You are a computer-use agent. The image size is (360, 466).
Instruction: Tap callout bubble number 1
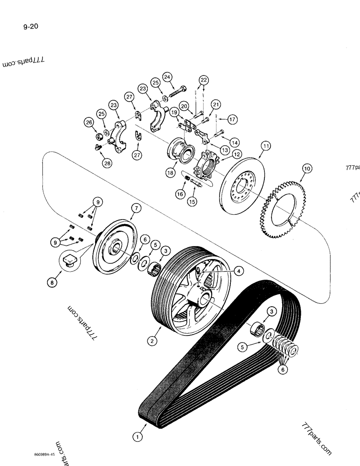pyautogui.click(x=137, y=437)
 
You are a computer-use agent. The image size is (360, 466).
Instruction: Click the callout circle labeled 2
pyautogui.click(x=152, y=341)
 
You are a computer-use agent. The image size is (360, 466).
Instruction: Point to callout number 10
pyautogui.click(x=306, y=168)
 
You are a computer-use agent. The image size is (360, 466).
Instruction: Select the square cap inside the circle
pyautogui.click(x=69, y=259)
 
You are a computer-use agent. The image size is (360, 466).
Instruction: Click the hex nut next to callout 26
pyautogui.click(x=99, y=136)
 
